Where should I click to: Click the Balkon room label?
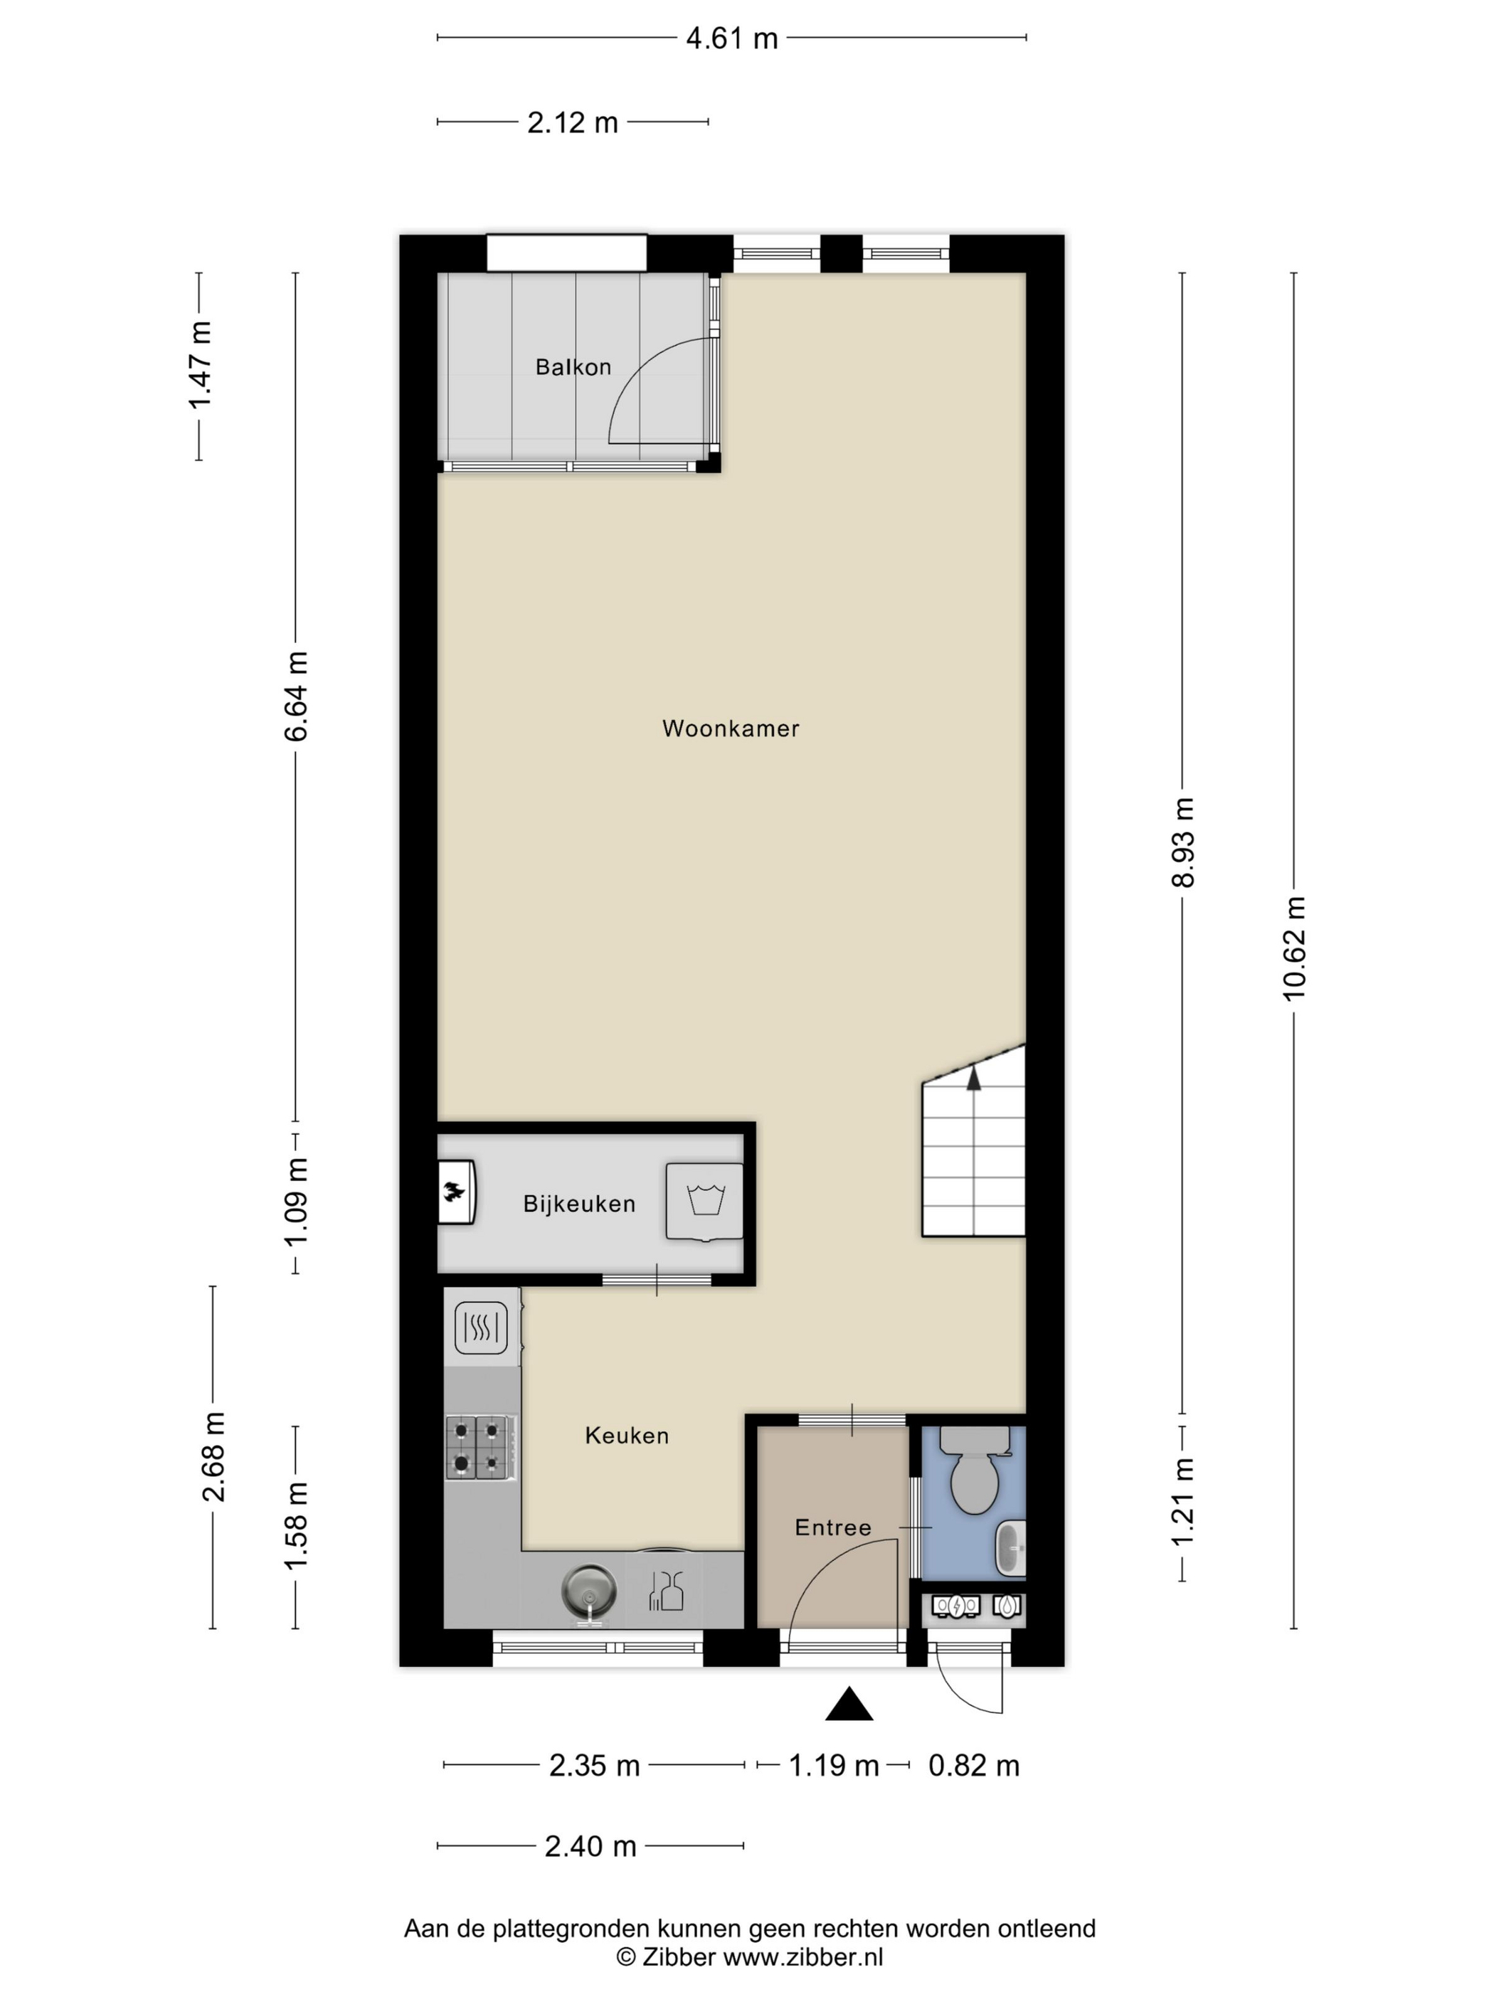(x=573, y=366)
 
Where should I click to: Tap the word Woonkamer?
(x=731, y=729)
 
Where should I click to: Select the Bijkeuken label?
(x=579, y=1204)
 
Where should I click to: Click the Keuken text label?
(x=627, y=1436)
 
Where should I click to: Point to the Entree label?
(x=833, y=1527)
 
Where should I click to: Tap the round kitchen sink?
(x=589, y=1589)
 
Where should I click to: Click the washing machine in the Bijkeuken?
(x=704, y=1202)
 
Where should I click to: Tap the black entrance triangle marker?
(x=848, y=1704)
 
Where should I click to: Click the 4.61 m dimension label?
(x=731, y=38)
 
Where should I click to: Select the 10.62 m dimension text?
(x=1294, y=948)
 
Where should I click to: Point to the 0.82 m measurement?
(x=973, y=1766)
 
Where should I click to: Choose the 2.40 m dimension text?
(x=590, y=1846)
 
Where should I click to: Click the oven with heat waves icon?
(x=481, y=1328)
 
